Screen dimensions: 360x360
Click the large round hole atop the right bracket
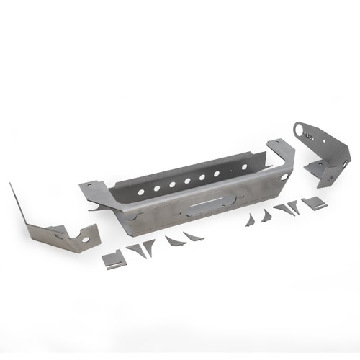[300, 130]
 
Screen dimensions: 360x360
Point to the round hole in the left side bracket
[86, 239]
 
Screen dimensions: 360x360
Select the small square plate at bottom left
[114, 259]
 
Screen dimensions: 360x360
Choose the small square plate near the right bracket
[314, 204]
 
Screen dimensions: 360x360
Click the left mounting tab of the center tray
[94, 193]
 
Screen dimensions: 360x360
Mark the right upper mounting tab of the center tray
[276, 147]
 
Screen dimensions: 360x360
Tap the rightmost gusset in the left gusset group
[193, 235]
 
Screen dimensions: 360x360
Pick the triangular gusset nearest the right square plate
[294, 207]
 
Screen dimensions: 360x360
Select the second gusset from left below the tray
[149, 247]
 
